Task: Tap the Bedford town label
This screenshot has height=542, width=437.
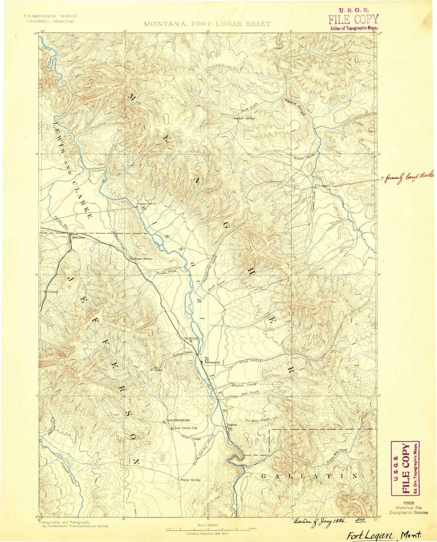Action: click(191, 338)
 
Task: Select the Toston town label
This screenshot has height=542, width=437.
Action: click(232, 425)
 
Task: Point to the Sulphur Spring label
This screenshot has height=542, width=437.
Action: click(244, 118)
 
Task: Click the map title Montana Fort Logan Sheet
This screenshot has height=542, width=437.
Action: click(207, 24)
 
